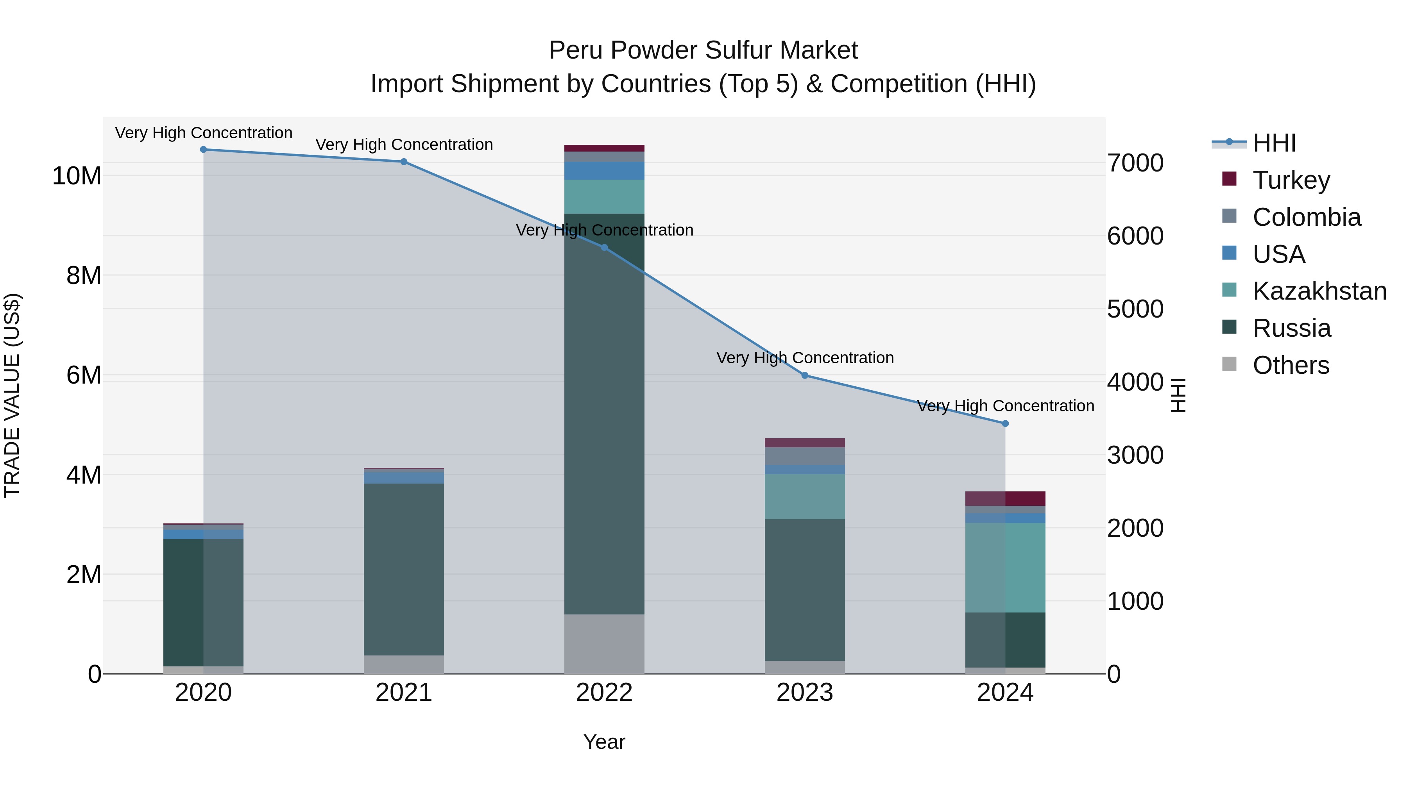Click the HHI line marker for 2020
pyautogui.click(x=203, y=150)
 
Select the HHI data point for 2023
pyautogui.click(x=805, y=375)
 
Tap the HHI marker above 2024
pyautogui.click(x=1005, y=423)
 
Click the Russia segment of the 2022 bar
pyautogui.click(x=604, y=415)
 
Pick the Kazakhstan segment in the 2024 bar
pyautogui.click(x=1005, y=568)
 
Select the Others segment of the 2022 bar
pyautogui.click(x=604, y=644)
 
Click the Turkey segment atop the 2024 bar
pyautogui.click(x=1005, y=498)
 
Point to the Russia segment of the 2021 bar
pyautogui.click(x=404, y=568)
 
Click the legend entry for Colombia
pyautogui.click(x=1307, y=217)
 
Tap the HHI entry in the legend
pyautogui.click(x=1274, y=143)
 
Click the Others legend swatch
pyautogui.click(x=1229, y=364)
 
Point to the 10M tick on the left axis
pyautogui.click(x=77, y=176)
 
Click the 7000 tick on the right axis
pyautogui.click(x=1135, y=163)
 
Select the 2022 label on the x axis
pyautogui.click(x=604, y=693)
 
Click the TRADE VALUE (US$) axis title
pyautogui.click(x=12, y=395)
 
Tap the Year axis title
pyautogui.click(x=604, y=742)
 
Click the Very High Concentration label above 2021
pyautogui.click(x=404, y=145)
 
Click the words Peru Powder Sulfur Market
pyautogui.click(x=703, y=50)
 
